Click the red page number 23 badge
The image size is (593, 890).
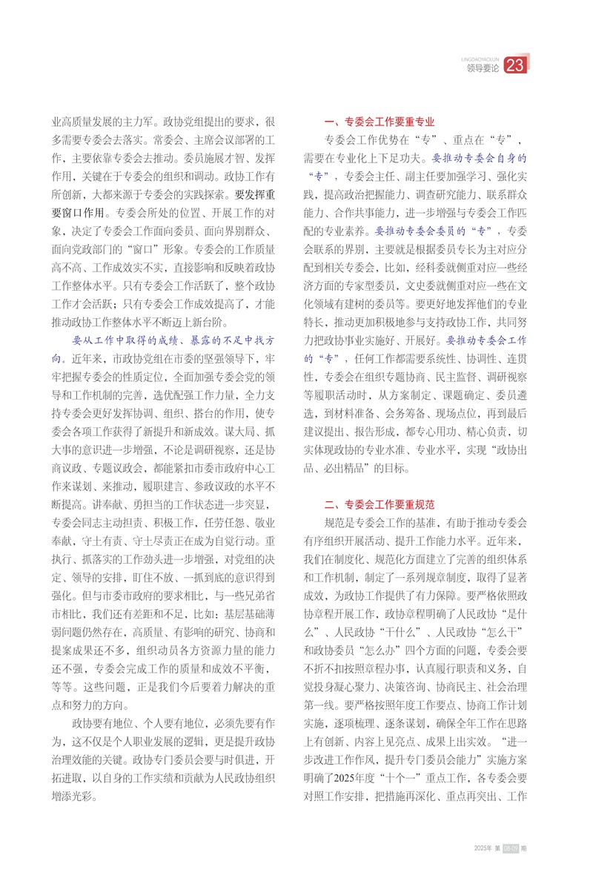[515, 67]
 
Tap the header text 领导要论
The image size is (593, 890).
[483, 68]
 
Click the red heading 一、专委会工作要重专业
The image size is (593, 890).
[380, 122]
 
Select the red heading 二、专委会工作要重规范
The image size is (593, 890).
[380, 506]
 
